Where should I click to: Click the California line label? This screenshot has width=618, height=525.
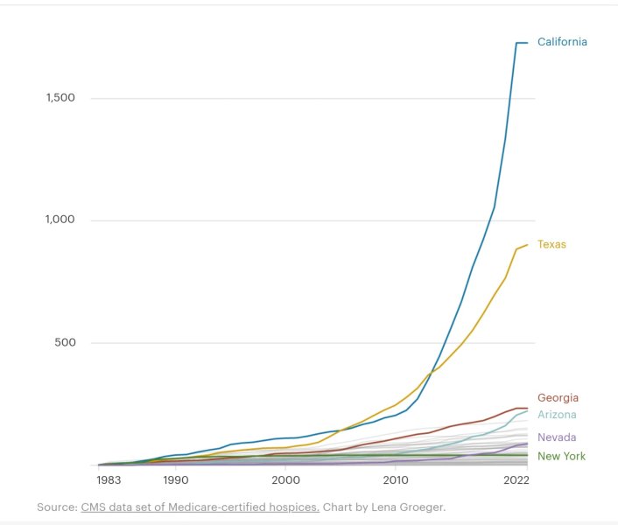[562, 42]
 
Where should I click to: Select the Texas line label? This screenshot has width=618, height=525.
[551, 245]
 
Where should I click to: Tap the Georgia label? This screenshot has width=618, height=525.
[558, 398]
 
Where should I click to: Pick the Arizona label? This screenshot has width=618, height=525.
[557, 415]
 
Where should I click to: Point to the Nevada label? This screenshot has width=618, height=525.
[557, 437]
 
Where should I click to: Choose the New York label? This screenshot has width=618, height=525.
[561, 457]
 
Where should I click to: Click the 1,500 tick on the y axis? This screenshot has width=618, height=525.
[61, 98]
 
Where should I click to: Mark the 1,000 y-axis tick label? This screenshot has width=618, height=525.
[61, 220]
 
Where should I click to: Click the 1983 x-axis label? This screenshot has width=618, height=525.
[109, 480]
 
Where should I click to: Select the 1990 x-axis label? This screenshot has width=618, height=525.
[176, 480]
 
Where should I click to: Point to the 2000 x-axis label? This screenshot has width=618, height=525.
[286, 480]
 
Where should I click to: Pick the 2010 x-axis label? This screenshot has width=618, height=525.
[396, 480]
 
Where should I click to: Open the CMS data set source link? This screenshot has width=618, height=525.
[200, 507]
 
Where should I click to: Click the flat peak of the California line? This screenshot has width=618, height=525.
[522, 42]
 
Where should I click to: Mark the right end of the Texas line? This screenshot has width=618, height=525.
[527, 245]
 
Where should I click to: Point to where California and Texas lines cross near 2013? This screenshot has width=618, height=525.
[432, 371]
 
